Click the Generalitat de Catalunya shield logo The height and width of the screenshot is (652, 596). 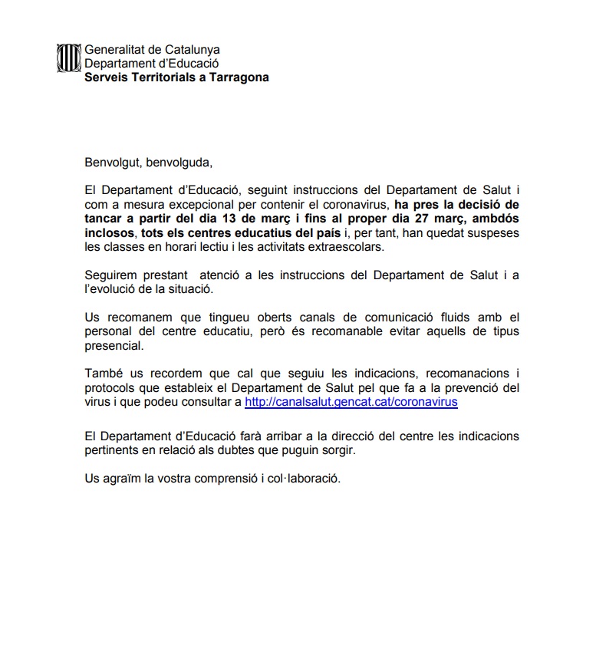click(69, 58)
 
